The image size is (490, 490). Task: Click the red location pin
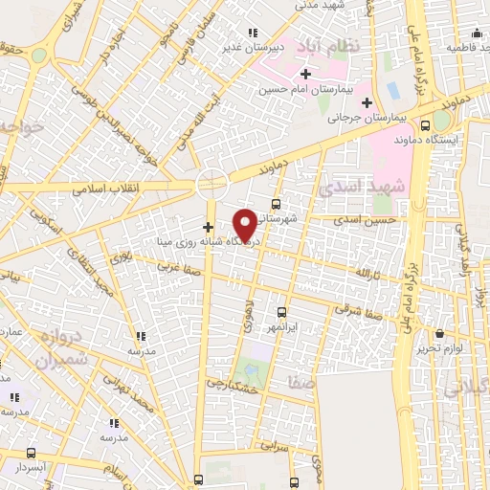245,224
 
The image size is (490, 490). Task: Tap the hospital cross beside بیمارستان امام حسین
305,74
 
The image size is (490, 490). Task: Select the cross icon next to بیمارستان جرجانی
367,102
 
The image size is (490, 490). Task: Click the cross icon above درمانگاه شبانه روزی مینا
209,227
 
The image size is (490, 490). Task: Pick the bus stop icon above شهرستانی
276,203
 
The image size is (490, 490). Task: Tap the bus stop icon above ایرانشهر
281,312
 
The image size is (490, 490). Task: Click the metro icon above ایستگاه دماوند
440,122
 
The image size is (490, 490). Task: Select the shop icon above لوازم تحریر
439,334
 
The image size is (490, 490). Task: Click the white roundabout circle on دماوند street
212,183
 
